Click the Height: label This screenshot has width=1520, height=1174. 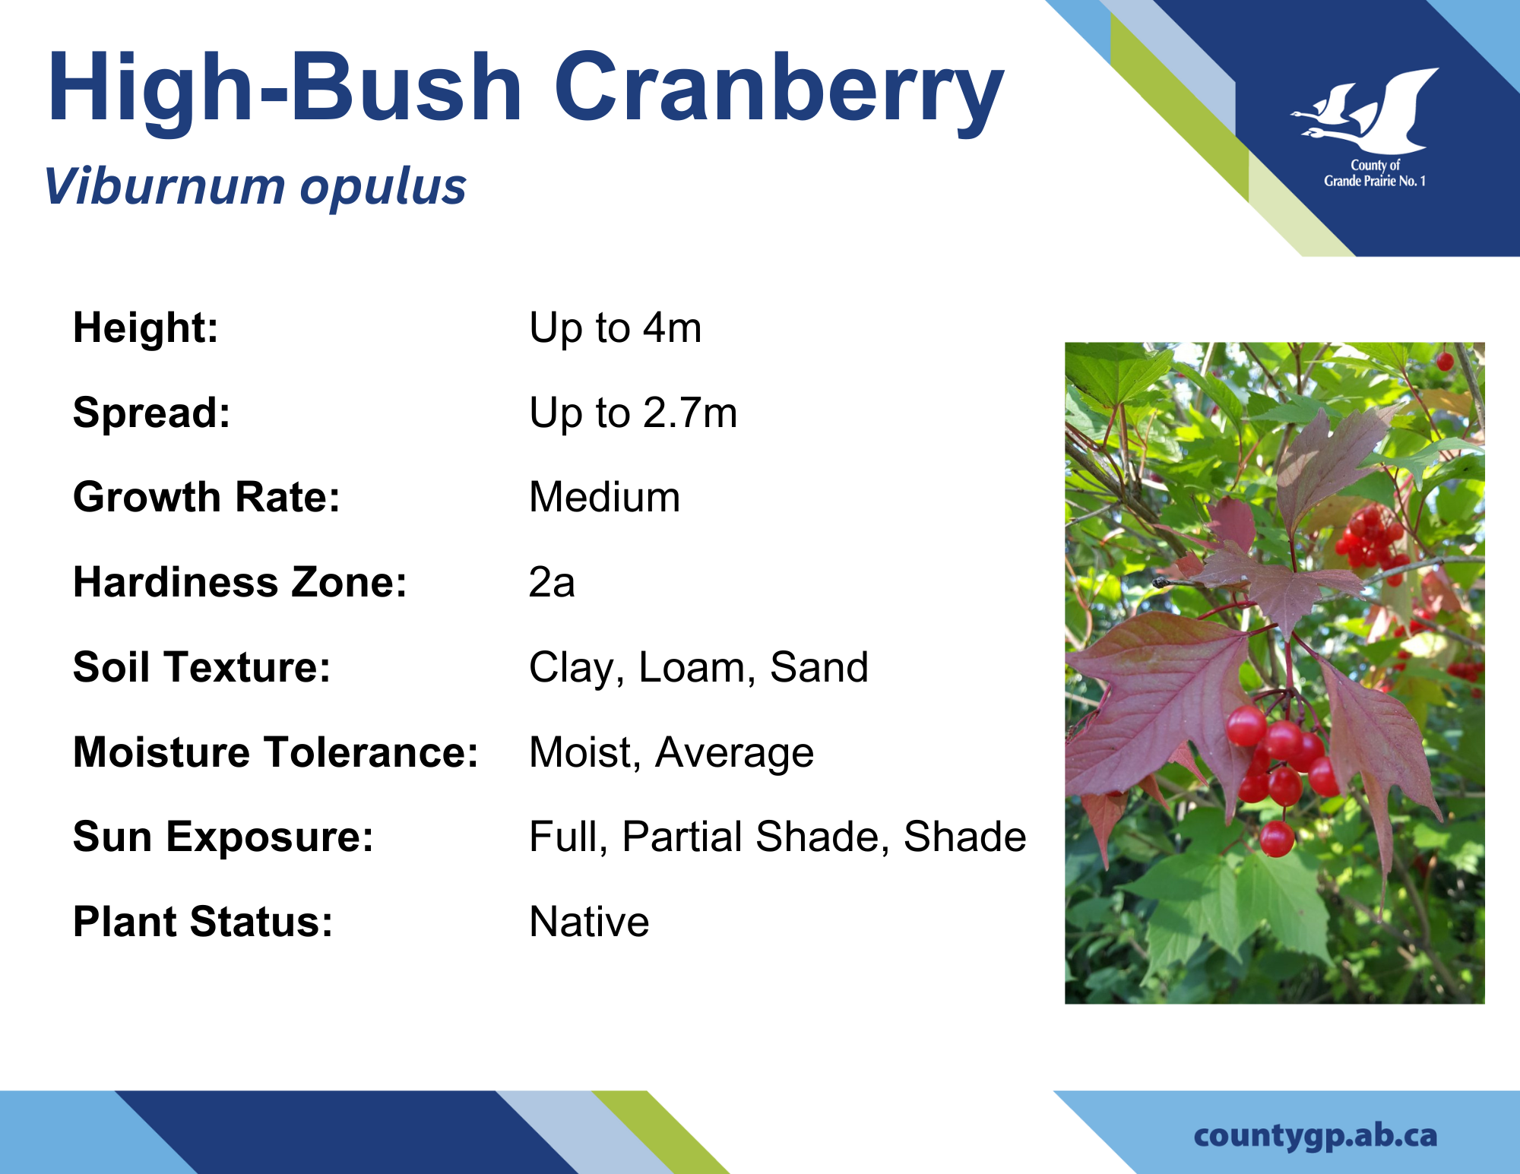pyautogui.click(x=145, y=328)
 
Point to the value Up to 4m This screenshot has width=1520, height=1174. pyautogui.click(x=615, y=328)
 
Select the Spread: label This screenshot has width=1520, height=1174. pyautogui.click(x=151, y=413)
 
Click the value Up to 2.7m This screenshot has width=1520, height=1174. pyautogui.click(x=633, y=413)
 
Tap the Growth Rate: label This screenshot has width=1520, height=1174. pyautogui.click(x=206, y=497)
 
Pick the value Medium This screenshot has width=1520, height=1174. pyautogui.click(x=604, y=497)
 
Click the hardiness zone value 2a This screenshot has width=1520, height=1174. pyautogui.click(x=552, y=582)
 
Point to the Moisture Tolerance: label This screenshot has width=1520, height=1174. pyautogui.click(x=275, y=752)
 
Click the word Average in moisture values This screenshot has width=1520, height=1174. pyautogui.click(x=734, y=753)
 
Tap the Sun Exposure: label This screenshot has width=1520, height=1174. pyautogui.click(x=223, y=837)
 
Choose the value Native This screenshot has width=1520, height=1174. pyautogui.click(x=589, y=922)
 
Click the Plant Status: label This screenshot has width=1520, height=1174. pyautogui.click(x=202, y=922)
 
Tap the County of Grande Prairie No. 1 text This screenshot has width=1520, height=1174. pyautogui.click(x=1375, y=173)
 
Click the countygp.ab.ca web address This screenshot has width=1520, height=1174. pyautogui.click(x=1316, y=1135)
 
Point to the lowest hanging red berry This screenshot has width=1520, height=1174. pyautogui.click(x=1277, y=838)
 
